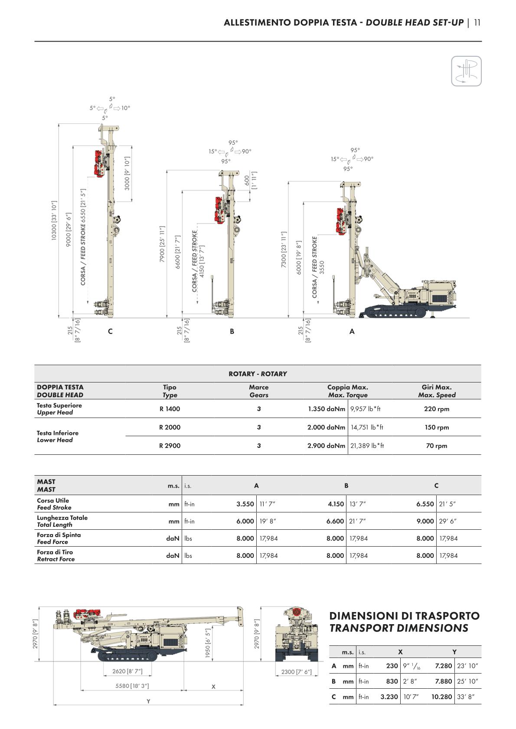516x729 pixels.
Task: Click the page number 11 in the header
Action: coord(477,23)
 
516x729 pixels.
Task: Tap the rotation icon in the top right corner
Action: coord(466,71)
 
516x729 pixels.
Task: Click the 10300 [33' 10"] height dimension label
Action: coord(54,220)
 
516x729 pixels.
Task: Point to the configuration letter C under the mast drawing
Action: coord(110,331)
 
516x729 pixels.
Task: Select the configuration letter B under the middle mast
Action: coord(232,331)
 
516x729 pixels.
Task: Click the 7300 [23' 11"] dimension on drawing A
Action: coord(284,249)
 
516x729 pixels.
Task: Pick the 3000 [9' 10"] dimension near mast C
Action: coord(127,173)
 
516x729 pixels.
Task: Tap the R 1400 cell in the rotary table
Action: coord(170,409)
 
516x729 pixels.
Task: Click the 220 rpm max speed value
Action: coord(436,409)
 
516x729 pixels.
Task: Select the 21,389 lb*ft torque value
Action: coord(367,445)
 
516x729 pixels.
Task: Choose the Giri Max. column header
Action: coord(436,391)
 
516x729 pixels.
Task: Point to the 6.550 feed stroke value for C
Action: coord(425,504)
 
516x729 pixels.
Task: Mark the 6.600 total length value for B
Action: coord(335,521)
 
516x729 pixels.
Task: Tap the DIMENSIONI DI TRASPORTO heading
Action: coord(404,616)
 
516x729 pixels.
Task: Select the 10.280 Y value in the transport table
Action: coord(441,697)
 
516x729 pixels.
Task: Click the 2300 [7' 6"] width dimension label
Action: coord(296,672)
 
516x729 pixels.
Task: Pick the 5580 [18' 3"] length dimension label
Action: coord(132,686)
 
